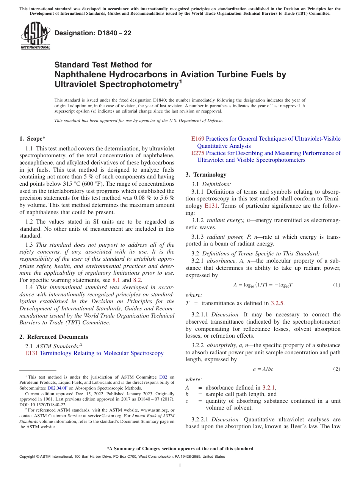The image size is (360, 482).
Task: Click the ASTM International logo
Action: coord(35,36)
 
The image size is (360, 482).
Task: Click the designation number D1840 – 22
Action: coord(93,33)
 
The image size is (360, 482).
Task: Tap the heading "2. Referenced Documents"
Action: coord(54,337)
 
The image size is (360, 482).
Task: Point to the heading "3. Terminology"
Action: coord(206,175)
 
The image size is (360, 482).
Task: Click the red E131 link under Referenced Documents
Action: coord(31,353)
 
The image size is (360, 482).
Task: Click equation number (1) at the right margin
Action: coord(337,285)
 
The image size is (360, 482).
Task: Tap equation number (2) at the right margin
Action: coord(337,369)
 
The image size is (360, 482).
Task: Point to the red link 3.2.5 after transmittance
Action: coord(277,303)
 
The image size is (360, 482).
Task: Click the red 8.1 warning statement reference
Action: coord(117,280)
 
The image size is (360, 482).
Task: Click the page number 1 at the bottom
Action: coord(180,466)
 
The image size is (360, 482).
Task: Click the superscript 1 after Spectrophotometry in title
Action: coord(180,81)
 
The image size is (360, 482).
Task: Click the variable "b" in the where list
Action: coord(187,394)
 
